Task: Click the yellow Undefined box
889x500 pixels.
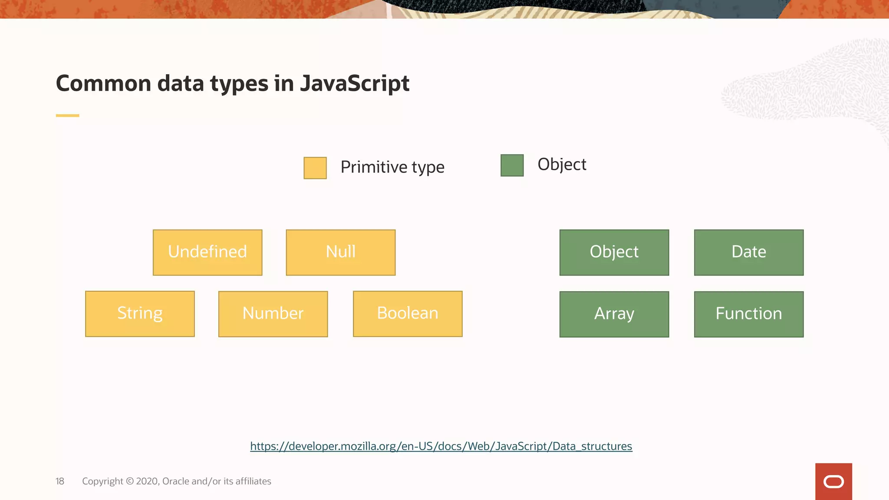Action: (207, 252)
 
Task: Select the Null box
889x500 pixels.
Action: (341, 252)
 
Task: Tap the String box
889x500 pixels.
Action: (140, 314)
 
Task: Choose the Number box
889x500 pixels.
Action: (273, 314)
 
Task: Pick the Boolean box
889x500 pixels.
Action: (408, 314)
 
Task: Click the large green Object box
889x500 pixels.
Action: (614, 252)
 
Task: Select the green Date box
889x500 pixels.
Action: (749, 252)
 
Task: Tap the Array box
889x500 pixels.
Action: (614, 314)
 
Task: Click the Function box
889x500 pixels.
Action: (749, 314)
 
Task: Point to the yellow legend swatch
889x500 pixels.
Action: (315, 168)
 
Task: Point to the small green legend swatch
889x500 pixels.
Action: (512, 165)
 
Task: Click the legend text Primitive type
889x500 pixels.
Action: (392, 167)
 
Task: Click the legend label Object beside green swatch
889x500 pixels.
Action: (562, 164)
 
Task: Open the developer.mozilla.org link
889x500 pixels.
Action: (441, 446)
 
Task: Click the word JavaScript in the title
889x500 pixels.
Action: (355, 83)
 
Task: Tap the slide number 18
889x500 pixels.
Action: (60, 481)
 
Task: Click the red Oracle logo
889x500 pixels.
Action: (833, 481)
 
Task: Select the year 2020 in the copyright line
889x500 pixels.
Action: (148, 481)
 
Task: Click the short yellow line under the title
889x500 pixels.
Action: (68, 115)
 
